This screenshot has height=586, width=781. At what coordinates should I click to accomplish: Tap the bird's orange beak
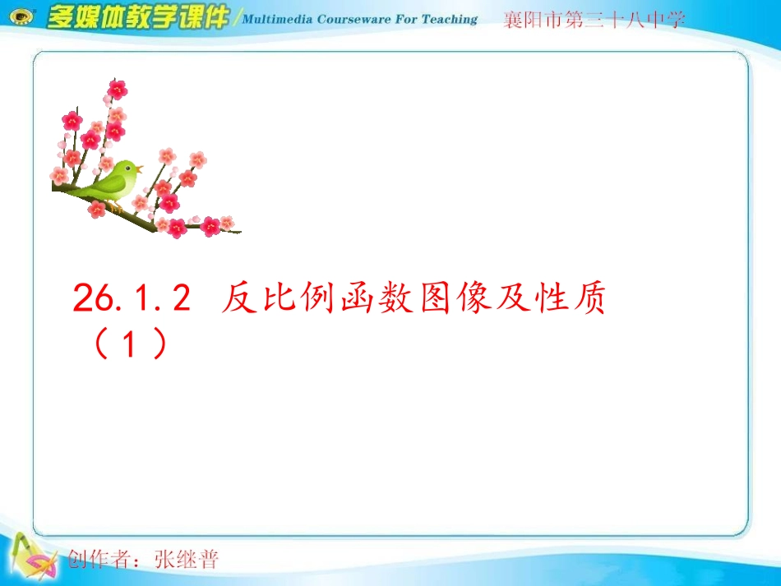(x=140, y=168)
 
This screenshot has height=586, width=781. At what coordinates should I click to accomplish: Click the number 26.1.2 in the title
(x=132, y=300)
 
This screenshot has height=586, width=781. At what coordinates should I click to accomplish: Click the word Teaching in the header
(x=450, y=19)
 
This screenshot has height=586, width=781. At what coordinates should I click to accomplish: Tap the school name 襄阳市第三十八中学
(x=594, y=21)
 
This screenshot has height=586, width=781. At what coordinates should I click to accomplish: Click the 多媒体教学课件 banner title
(x=137, y=17)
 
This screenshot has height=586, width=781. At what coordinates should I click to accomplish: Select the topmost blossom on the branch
(x=118, y=89)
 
